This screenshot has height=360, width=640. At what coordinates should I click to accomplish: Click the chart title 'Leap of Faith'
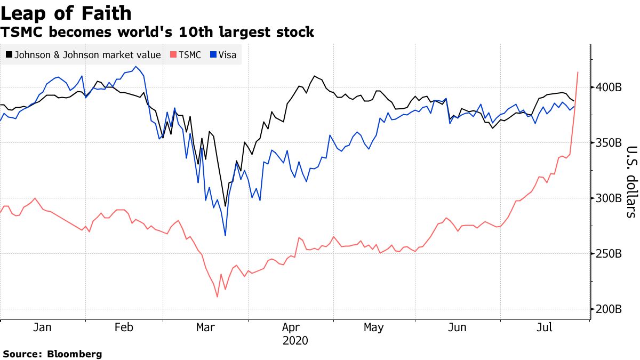[66, 13]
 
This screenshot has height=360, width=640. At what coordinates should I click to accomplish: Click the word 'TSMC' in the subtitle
[22, 33]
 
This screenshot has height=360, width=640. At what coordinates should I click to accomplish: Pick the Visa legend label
[227, 55]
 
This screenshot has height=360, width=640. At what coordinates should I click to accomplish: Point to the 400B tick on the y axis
[608, 87]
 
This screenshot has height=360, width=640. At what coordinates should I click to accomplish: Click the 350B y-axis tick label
[608, 143]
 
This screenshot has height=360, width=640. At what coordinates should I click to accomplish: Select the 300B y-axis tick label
[608, 198]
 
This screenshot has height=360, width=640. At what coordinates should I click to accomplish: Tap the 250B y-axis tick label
[608, 253]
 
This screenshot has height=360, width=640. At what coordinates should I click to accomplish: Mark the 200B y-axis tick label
[608, 309]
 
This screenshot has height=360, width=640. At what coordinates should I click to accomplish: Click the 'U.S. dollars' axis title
[631, 182]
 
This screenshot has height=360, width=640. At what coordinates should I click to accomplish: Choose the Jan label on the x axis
[42, 327]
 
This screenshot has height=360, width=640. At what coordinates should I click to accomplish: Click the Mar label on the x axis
[206, 327]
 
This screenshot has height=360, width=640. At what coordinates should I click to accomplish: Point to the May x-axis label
[373, 327]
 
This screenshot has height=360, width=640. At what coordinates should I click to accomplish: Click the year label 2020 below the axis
[295, 340]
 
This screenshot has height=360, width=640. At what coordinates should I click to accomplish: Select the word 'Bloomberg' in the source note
[75, 354]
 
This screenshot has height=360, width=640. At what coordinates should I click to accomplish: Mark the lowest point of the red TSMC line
[217, 297]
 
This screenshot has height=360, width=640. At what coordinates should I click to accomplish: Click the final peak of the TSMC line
[578, 72]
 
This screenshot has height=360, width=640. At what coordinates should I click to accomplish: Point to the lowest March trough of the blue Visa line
[225, 235]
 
